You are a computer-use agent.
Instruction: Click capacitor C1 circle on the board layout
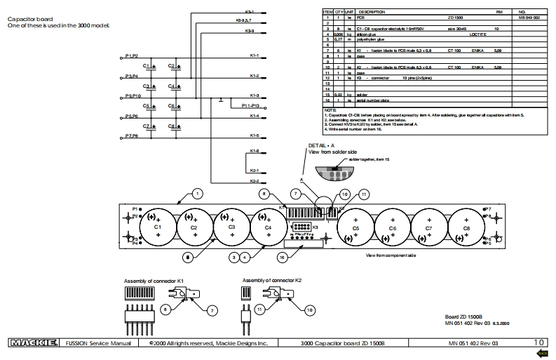click(x=158, y=226)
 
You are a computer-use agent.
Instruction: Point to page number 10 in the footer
click(x=539, y=342)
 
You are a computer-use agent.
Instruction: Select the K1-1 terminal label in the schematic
click(x=255, y=55)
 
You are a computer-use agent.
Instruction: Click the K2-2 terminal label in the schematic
click(x=255, y=182)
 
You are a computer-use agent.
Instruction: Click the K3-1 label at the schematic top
click(x=250, y=12)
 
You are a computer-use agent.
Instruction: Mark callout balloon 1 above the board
click(x=198, y=192)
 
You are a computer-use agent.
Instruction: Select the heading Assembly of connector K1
click(x=154, y=281)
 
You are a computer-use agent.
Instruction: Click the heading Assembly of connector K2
click(x=271, y=281)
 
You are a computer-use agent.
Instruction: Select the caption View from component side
click(x=391, y=255)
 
